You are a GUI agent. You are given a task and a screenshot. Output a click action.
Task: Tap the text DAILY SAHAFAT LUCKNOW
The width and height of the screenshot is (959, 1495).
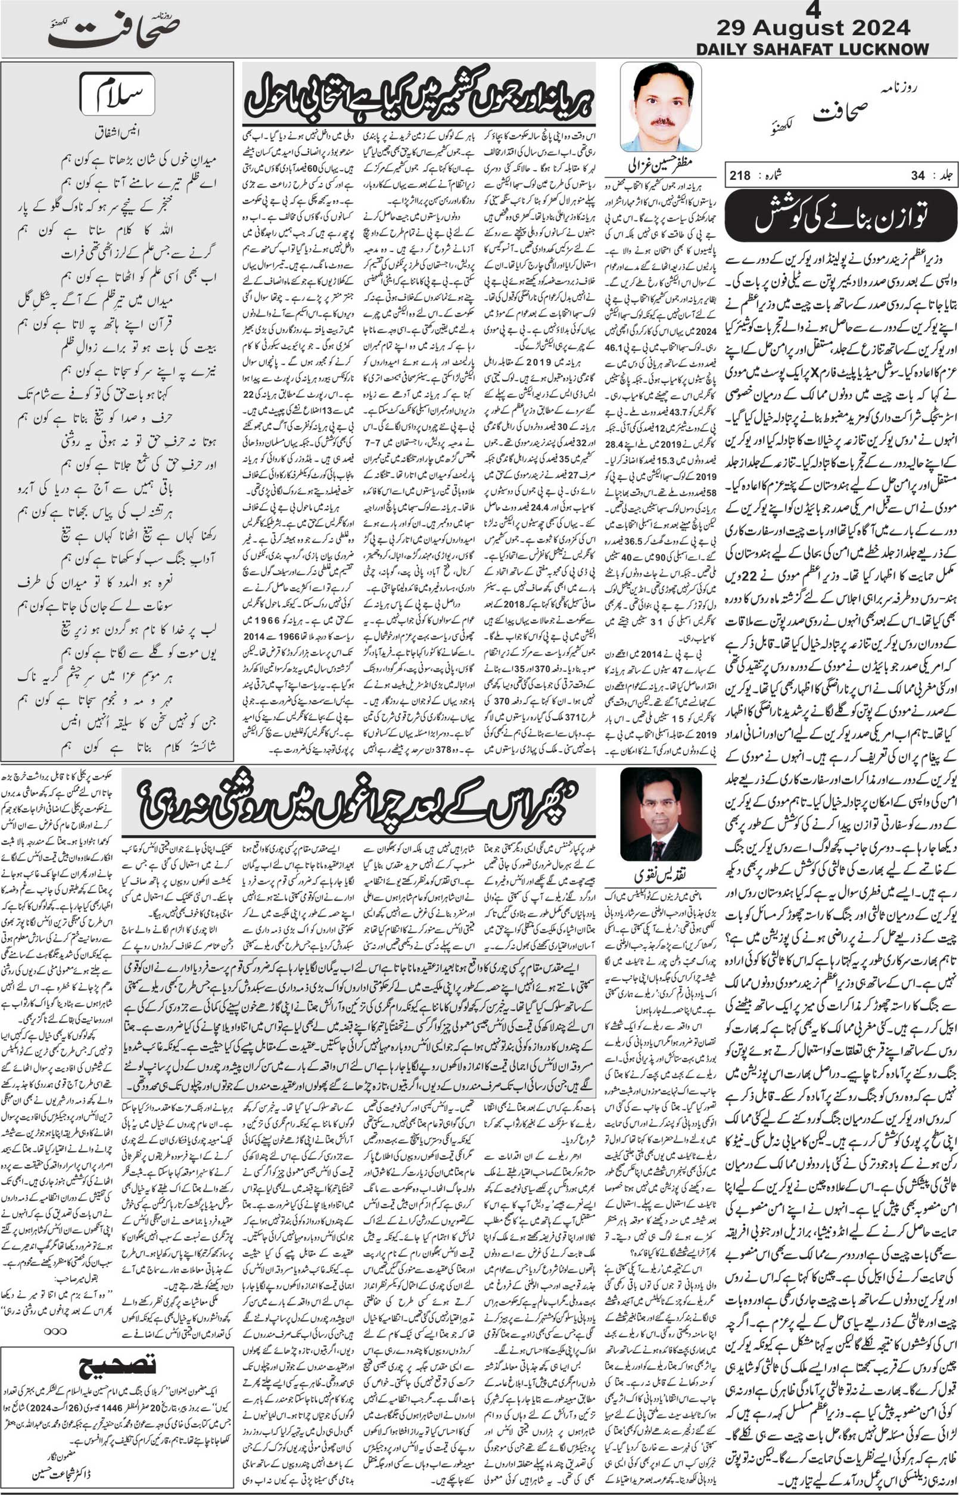[x=812, y=49]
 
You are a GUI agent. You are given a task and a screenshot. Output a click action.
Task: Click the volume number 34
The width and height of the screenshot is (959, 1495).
[x=917, y=176]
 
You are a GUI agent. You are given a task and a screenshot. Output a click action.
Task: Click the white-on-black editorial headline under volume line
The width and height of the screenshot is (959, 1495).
[x=840, y=216]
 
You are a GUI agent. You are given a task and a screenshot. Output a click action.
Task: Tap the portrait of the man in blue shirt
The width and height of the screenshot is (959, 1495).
[x=661, y=107]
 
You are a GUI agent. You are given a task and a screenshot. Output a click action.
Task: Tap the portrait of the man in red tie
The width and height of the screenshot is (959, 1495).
[x=661, y=814]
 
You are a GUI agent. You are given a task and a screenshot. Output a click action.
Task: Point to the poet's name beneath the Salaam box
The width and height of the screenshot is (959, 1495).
[x=117, y=132]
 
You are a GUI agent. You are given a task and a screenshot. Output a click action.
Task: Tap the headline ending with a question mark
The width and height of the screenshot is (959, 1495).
[x=358, y=805]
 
